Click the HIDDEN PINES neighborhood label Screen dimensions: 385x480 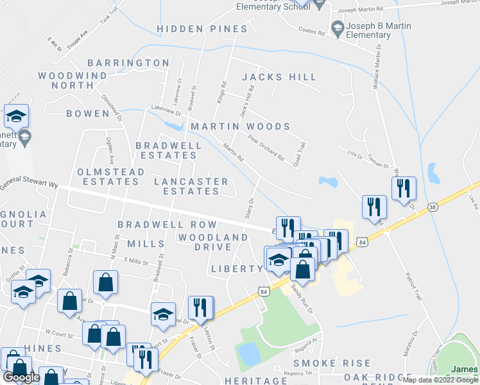pos(201,30)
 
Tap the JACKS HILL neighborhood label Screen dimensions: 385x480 pos(279,77)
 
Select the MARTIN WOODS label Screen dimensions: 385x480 pos(240,126)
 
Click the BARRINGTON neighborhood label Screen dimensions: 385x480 pos(128,63)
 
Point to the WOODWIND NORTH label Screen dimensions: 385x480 pos(73,80)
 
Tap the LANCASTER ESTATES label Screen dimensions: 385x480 pos(191,186)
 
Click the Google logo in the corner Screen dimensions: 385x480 pos(21,377)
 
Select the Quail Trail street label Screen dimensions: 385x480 pos(296,155)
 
